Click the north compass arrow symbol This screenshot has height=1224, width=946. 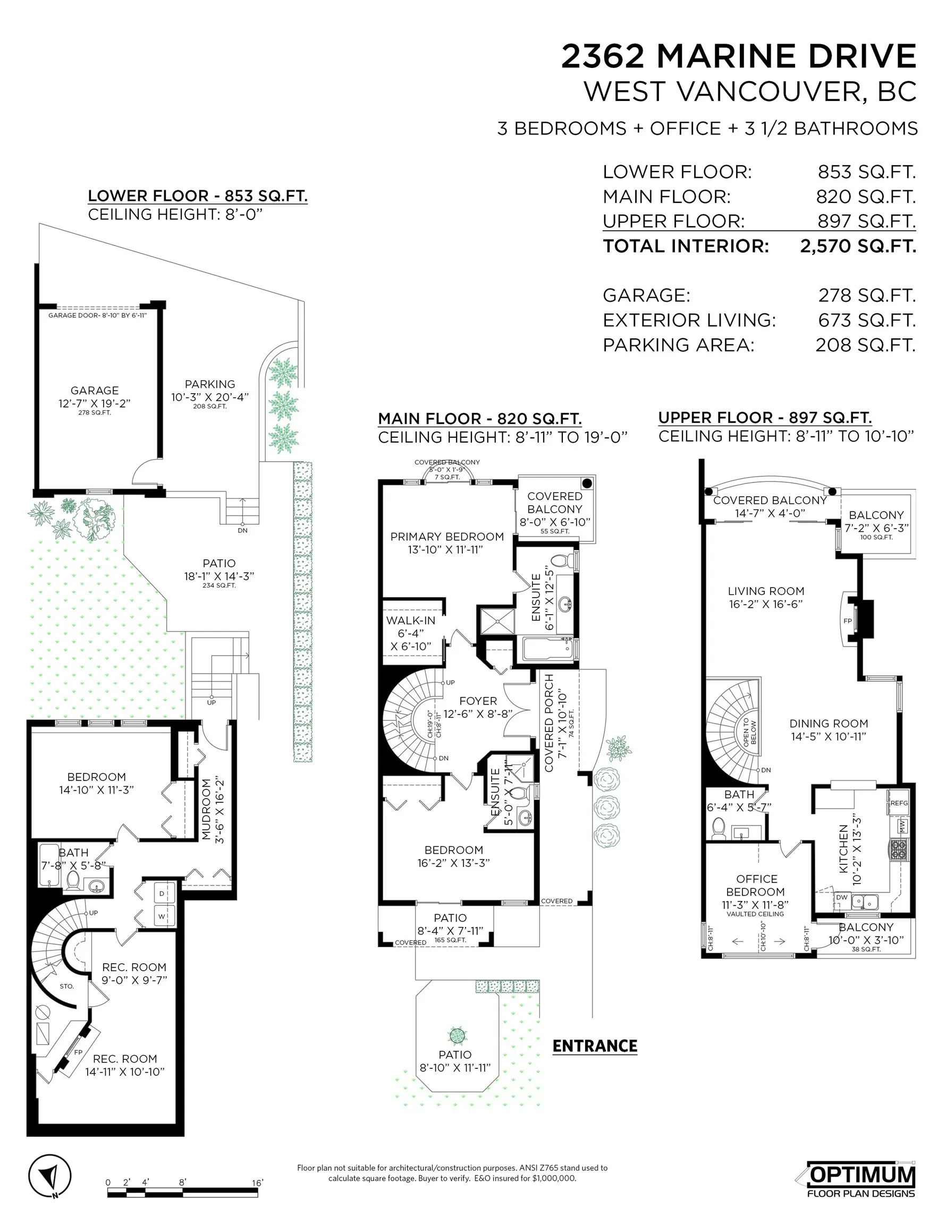tap(50, 1176)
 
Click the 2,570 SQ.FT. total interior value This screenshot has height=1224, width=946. tap(857, 246)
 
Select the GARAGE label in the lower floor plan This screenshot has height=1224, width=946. tap(94, 390)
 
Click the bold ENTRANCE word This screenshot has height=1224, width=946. tap(594, 1046)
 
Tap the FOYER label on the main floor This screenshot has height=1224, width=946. tap(478, 701)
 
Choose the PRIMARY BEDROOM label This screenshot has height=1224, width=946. tap(447, 537)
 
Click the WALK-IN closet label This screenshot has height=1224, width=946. tap(410, 620)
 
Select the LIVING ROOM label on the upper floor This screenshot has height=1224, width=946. tap(765, 591)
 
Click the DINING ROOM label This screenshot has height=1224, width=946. tap(828, 724)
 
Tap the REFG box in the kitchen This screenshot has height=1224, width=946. tap(898, 803)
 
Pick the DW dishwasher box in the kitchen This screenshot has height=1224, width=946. tap(841, 897)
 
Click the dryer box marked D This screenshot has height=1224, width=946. tap(162, 894)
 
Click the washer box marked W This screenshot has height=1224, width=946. tap(162, 917)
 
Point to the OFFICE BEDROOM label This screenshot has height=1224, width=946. tap(756, 886)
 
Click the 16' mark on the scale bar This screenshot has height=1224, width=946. tap(257, 1183)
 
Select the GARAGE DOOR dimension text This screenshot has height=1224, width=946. tap(97, 316)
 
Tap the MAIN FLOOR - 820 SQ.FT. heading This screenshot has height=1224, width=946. tap(479, 419)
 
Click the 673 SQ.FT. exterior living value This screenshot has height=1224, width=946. tap(866, 320)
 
